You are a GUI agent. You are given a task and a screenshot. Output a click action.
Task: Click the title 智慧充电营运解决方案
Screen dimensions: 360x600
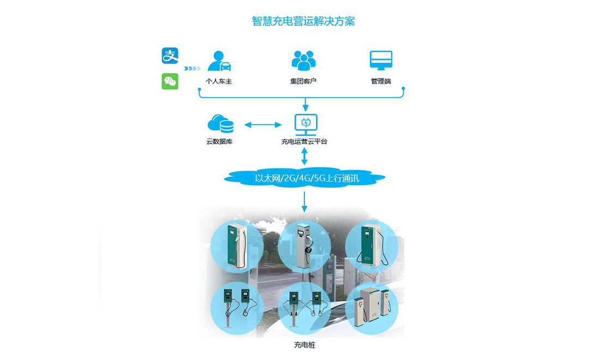coord(303,21)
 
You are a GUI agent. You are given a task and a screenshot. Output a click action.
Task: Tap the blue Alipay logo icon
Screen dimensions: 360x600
coord(170,56)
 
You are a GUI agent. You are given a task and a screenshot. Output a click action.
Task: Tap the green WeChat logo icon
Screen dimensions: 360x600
coord(170,81)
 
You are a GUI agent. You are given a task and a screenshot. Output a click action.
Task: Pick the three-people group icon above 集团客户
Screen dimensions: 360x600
coord(303,61)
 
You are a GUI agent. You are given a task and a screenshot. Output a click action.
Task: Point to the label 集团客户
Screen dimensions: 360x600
coord(303,81)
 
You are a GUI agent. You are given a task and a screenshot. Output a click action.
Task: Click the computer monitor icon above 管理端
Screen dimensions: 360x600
coord(381,61)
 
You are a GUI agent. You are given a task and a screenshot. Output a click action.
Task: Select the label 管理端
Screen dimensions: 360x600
coord(381,81)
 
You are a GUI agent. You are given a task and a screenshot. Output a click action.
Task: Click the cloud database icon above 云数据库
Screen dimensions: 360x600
coord(220,124)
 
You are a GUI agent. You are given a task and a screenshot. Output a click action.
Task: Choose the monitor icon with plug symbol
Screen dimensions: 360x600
coord(305,125)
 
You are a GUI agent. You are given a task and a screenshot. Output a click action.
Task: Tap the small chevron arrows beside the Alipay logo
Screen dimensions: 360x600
coord(193,68)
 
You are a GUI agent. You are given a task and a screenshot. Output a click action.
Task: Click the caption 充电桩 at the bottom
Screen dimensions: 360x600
coord(304,345)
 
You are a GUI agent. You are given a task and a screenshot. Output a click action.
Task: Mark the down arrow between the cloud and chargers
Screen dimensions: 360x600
coord(304,201)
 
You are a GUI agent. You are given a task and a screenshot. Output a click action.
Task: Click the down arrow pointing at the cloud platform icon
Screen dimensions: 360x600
coord(305,104)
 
